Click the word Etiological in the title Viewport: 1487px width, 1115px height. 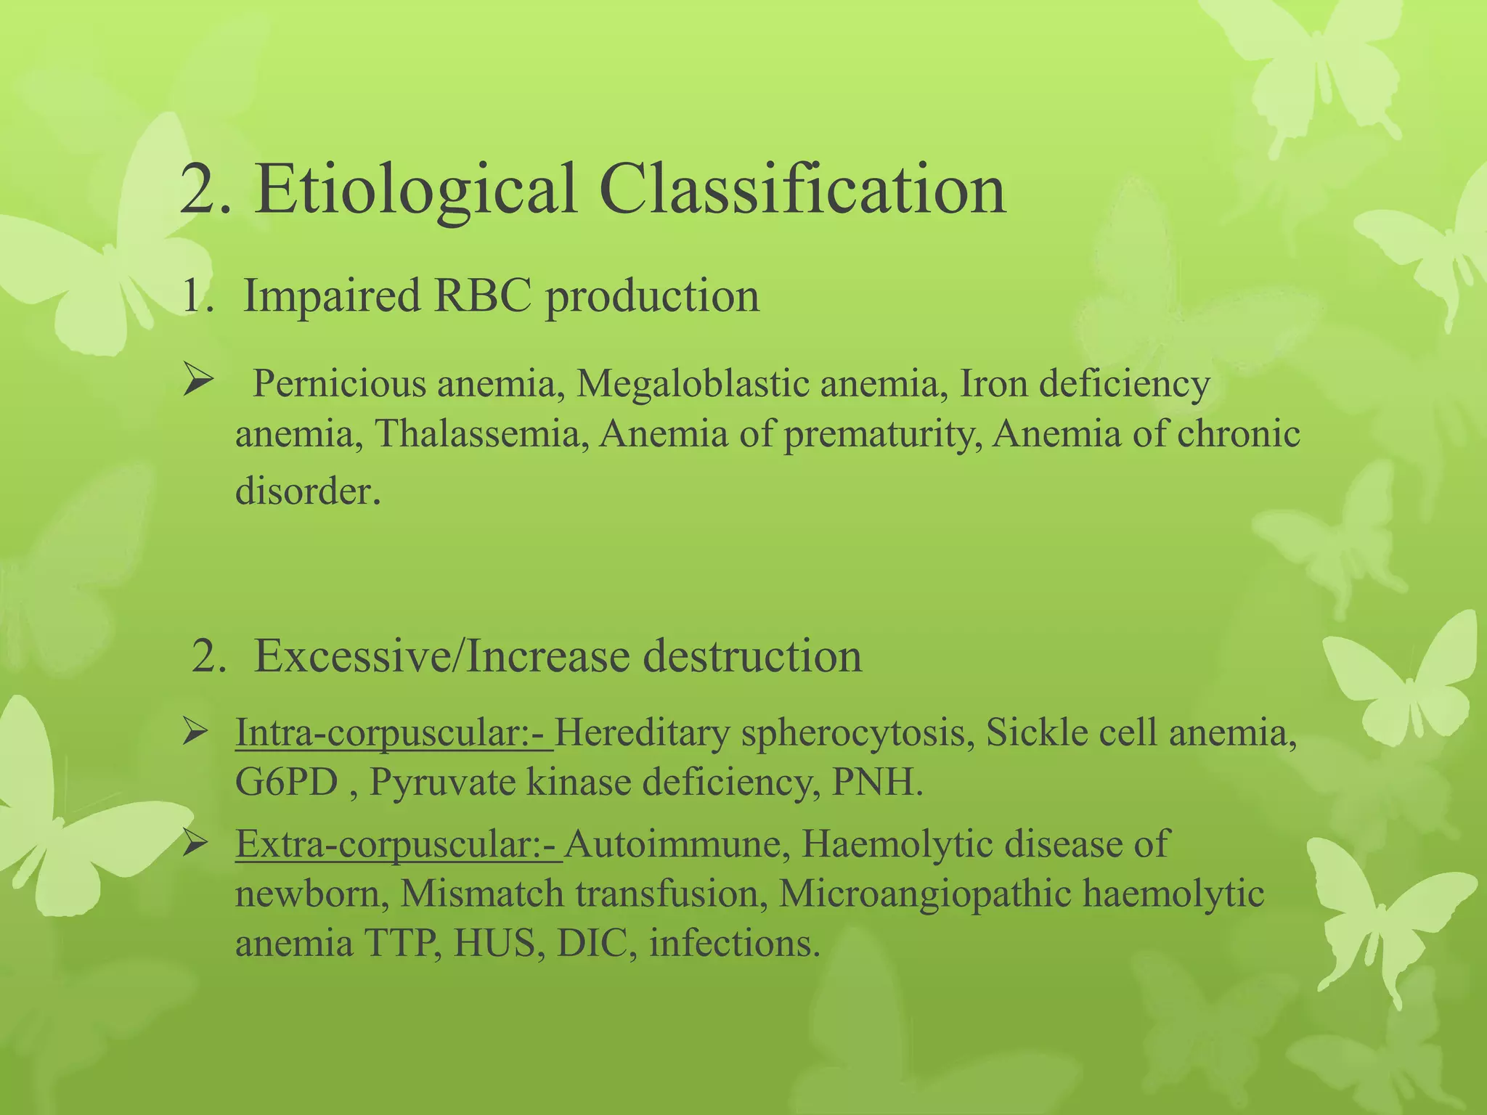tap(415, 190)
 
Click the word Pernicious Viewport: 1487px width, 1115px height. tap(338, 384)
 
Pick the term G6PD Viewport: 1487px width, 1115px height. tap(287, 783)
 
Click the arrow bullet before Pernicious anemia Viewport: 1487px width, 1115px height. tap(196, 381)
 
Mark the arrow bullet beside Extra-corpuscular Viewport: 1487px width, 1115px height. tap(196, 844)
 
